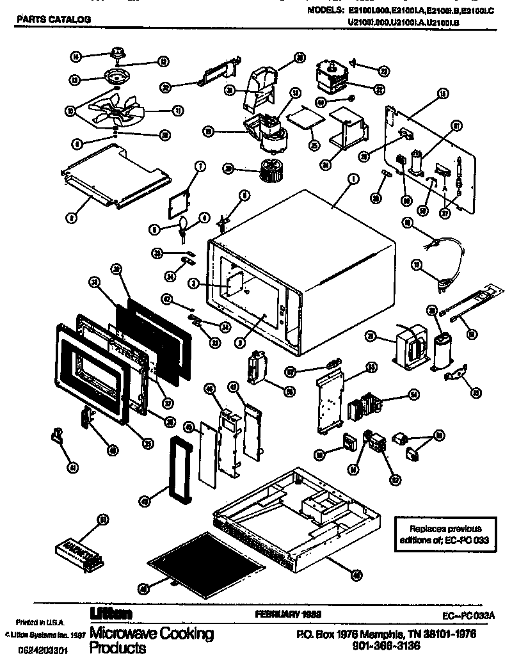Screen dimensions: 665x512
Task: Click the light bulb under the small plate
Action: click(x=184, y=223)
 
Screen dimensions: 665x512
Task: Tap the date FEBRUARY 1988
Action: click(x=288, y=614)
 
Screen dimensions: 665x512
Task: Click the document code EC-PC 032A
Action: click(x=470, y=615)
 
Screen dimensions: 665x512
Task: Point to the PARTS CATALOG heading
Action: click(x=53, y=19)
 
